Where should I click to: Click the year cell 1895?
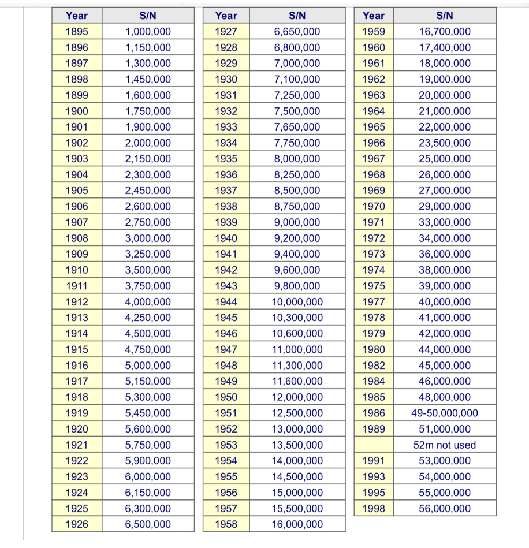point(77,32)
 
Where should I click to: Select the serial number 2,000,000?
point(148,143)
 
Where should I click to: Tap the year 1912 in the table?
point(77,302)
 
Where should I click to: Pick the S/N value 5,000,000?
point(148,366)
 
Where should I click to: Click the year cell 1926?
point(77,524)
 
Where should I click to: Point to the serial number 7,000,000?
point(297,64)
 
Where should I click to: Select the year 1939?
point(226,222)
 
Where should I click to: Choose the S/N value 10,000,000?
point(297,302)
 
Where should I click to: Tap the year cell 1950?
point(226,397)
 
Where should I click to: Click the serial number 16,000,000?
point(297,524)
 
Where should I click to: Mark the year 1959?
point(374,32)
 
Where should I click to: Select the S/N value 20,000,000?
point(445,95)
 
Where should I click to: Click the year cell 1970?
point(374,207)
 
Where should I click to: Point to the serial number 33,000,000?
point(445,222)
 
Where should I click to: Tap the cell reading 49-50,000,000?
point(445,413)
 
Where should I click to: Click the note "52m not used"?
point(445,445)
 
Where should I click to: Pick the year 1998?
point(374,509)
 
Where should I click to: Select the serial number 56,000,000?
point(445,509)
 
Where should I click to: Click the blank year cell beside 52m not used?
point(374,445)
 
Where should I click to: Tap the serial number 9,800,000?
point(297,286)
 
